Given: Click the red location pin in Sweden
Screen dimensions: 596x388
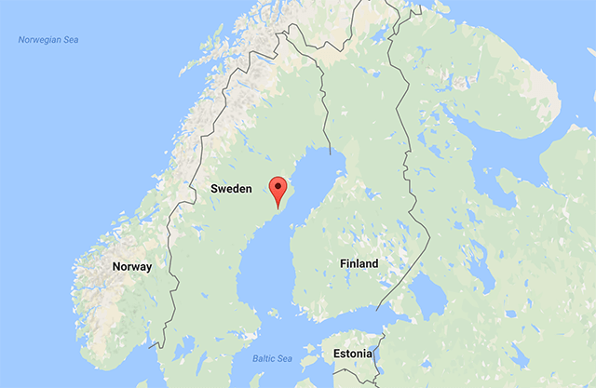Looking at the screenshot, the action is click(x=277, y=190).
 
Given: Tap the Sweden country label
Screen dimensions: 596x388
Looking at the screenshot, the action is click(x=231, y=189).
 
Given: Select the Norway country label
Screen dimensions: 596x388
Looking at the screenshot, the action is click(x=131, y=266).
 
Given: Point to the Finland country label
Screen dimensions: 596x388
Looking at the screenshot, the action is click(x=359, y=264).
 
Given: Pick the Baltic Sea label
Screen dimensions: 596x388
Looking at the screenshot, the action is click(x=272, y=358).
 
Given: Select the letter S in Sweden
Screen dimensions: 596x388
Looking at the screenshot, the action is click(x=214, y=189).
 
